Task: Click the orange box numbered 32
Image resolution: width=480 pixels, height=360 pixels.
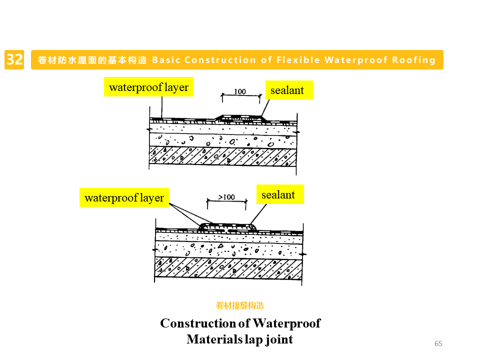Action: [x=14, y=60]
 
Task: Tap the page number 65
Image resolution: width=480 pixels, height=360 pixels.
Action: [x=438, y=343]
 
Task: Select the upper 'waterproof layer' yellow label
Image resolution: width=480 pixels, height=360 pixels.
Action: [x=148, y=87]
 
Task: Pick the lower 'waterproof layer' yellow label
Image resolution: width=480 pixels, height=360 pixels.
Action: [x=124, y=197]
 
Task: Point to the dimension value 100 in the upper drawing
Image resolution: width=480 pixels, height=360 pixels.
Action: [x=240, y=91]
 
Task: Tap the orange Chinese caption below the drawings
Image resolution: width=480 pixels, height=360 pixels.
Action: [x=240, y=305]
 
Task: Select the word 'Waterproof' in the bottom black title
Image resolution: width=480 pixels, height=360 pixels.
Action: [x=286, y=323]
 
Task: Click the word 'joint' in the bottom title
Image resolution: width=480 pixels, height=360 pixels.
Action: [x=278, y=339]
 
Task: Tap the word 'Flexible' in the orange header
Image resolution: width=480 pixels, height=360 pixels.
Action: [x=297, y=60]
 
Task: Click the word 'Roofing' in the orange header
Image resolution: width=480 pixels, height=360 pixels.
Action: [x=414, y=60]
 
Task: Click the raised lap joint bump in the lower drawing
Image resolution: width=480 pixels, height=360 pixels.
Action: [x=227, y=227]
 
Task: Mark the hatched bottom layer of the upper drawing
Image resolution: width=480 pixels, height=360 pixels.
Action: [x=222, y=156]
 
